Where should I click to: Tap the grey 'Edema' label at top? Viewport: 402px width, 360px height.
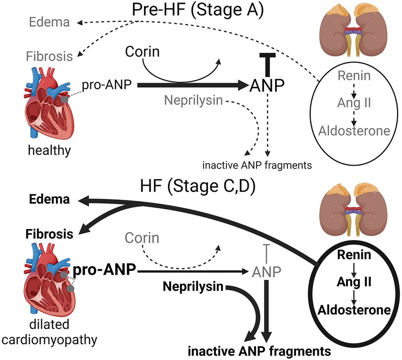tap(46, 22)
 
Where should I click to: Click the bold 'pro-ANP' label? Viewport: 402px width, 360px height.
tap(104, 271)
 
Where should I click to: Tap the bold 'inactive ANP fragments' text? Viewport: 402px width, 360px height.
tap(260, 348)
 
